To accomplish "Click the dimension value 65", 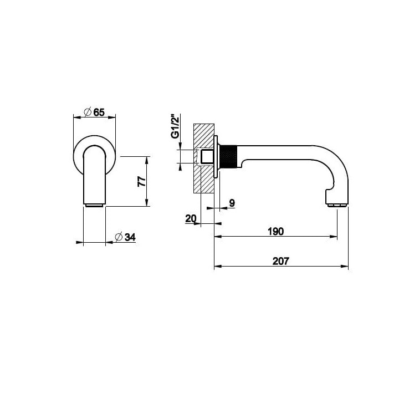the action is (x=99, y=112).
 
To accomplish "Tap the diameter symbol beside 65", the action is (x=88, y=112).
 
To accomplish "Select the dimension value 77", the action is (x=142, y=181).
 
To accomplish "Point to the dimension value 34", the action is (x=130, y=237).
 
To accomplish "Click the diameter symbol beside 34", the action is (x=119, y=237).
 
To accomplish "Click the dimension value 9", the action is (x=232, y=203).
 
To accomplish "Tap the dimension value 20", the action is (x=191, y=218).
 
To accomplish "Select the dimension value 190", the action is (x=275, y=232).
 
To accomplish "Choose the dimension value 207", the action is (x=280, y=262).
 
